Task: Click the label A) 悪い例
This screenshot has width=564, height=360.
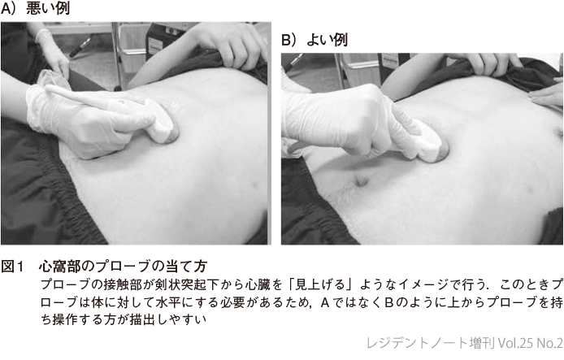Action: coord(35,8)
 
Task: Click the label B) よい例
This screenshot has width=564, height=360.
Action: coord(315,40)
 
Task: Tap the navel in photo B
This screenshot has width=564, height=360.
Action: coord(361,180)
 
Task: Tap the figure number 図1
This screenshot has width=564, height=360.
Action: coord(12,267)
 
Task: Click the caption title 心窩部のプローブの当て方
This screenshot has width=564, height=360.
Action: coord(123,267)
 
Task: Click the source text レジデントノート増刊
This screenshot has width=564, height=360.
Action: coord(431,343)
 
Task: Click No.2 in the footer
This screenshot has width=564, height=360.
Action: coord(549,343)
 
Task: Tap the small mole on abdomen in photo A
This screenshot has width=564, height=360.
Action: coord(254,187)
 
